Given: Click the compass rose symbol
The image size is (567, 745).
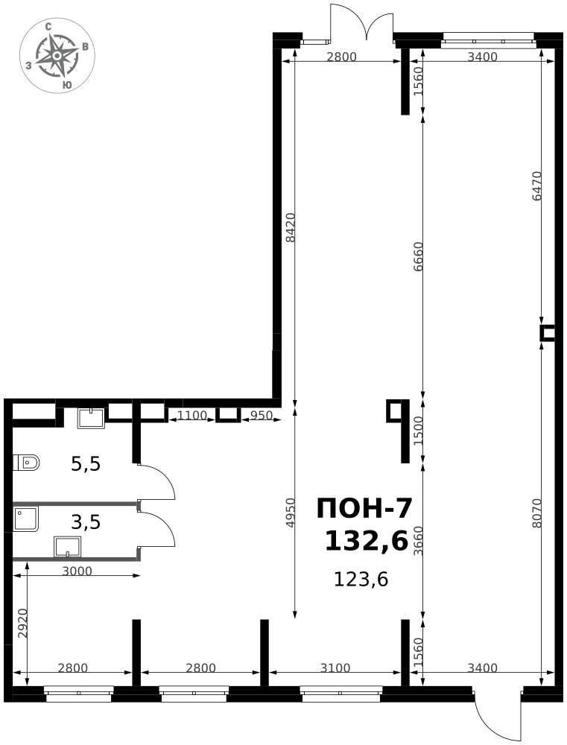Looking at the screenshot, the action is pyautogui.click(x=57, y=56).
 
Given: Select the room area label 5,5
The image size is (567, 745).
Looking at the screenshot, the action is pyautogui.click(x=86, y=463).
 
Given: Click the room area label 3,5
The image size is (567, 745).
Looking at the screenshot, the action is pyautogui.click(x=86, y=522).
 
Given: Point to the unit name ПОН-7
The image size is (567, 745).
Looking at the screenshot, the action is pyautogui.click(x=364, y=509).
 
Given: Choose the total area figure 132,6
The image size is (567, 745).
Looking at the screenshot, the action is pyautogui.click(x=367, y=541).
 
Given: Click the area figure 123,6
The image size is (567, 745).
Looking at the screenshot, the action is pyautogui.click(x=361, y=579).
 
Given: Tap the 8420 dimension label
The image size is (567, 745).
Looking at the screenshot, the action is pyautogui.click(x=291, y=227).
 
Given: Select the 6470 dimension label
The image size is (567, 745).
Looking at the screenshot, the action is pyautogui.click(x=536, y=186).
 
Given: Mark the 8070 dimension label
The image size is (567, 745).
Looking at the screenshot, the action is pyautogui.click(x=536, y=513).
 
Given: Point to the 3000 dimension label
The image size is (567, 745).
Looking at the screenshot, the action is pyautogui.click(x=77, y=571).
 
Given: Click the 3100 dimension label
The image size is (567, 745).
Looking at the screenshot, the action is pyautogui.click(x=335, y=668).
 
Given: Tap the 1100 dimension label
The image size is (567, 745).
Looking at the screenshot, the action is pyautogui.click(x=192, y=415).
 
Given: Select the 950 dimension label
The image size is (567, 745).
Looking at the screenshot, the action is pyautogui.click(x=261, y=415).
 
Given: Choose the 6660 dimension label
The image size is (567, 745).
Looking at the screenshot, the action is pyautogui.click(x=418, y=257).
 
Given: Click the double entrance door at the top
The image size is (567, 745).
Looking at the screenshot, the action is pyautogui.click(x=362, y=22).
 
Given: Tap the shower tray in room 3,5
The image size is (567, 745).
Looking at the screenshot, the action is pyautogui.click(x=26, y=519).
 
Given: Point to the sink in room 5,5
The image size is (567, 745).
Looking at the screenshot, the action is pyautogui.click(x=91, y=418).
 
